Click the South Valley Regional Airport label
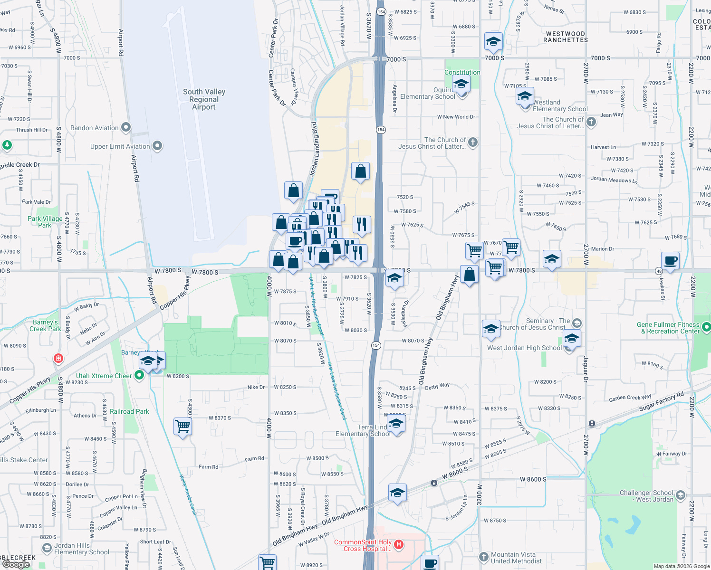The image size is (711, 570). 204,99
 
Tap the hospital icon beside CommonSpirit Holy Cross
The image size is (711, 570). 399,544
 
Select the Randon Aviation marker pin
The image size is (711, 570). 126,127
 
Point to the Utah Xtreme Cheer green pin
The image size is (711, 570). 139,376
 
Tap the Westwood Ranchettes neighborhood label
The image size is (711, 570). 566,37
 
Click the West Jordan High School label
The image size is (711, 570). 524,348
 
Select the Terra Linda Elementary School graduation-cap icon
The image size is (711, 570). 395,424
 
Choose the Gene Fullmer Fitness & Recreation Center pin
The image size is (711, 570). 706,327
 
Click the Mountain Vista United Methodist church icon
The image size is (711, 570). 483,557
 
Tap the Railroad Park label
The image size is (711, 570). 129,411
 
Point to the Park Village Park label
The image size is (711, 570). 45,222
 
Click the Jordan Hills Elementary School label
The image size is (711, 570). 81,549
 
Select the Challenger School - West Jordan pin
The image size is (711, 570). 681,495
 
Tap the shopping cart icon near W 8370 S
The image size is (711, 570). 183,426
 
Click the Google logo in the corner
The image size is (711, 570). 16,564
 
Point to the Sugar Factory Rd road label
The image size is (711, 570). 661,401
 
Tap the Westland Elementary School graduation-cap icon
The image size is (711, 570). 525,96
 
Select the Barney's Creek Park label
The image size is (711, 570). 45,325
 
